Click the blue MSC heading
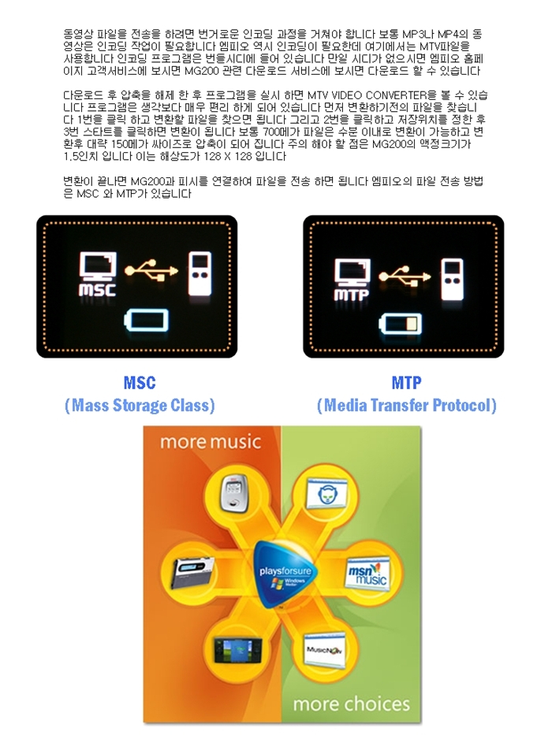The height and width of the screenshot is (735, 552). (x=140, y=383)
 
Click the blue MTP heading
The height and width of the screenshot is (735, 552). (x=406, y=383)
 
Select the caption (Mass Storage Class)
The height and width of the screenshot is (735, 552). (x=140, y=406)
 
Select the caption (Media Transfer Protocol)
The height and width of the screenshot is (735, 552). (x=406, y=406)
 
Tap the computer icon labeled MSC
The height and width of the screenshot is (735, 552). (x=99, y=276)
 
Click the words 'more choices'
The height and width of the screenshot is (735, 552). (x=352, y=703)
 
